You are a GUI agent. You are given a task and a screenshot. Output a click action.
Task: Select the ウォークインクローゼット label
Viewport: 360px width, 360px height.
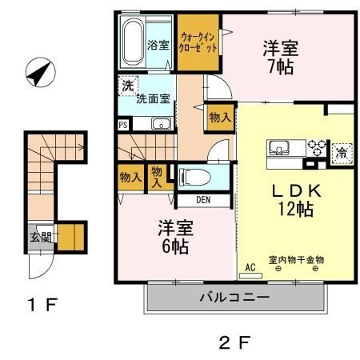click(x=199, y=42)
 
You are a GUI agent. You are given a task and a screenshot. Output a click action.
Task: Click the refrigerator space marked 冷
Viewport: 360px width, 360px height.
click(x=342, y=151)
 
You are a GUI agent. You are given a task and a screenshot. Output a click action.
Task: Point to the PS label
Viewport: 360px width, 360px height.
click(x=122, y=125)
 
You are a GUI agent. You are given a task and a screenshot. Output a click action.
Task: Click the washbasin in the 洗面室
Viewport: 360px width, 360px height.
click(x=161, y=123)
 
